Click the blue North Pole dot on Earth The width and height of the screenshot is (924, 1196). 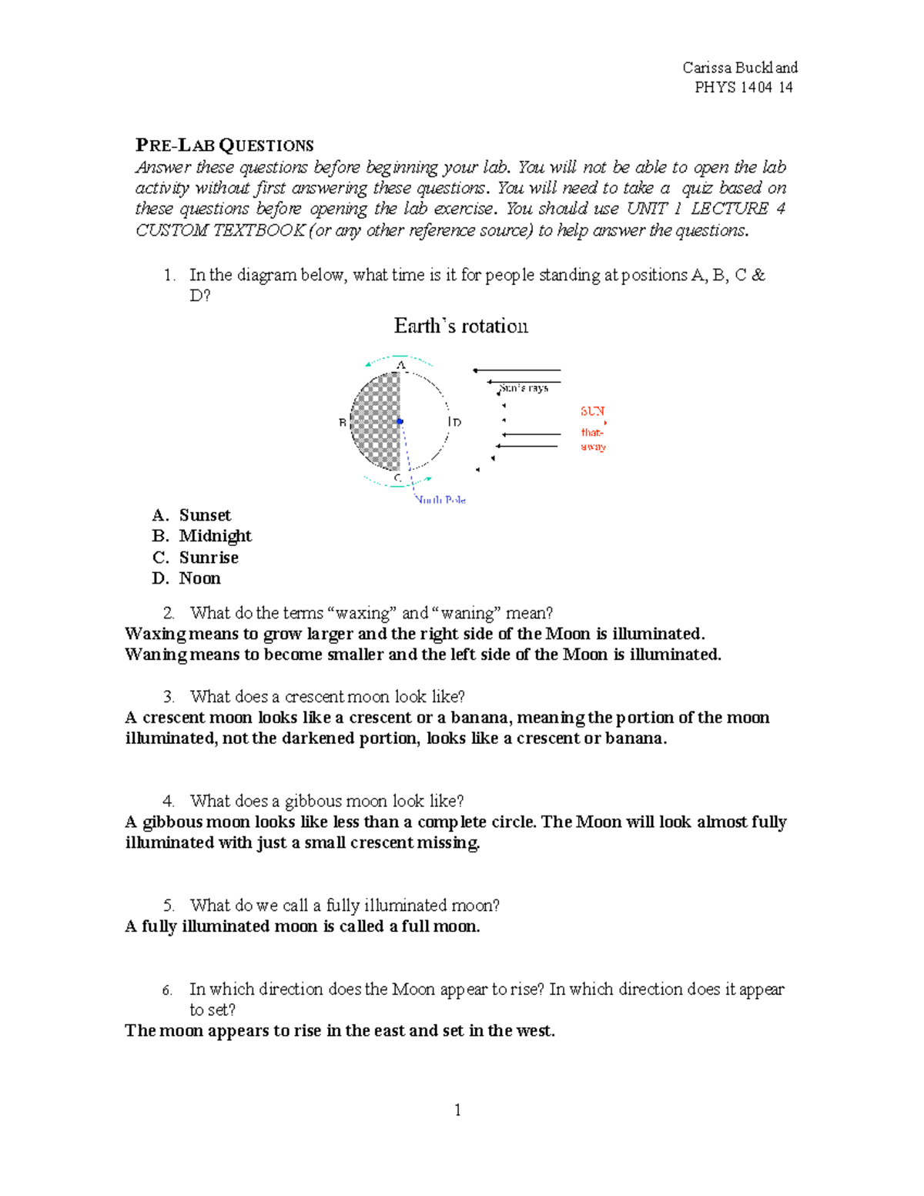pyautogui.click(x=400, y=421)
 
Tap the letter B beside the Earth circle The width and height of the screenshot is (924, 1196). pyautogui.click(x=343, y=423)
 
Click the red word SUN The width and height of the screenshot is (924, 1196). pyautogui.click(x=592, y=411)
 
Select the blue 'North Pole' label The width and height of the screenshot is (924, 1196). pyautogui.click(x=440, y=500)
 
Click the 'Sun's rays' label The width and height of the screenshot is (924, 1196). pyautogui.click(x=524, y=388)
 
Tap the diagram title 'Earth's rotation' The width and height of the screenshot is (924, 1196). pyautogui.click(x=460, y=326)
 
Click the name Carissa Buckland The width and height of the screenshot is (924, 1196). pyautogui.click(x=739, y=68)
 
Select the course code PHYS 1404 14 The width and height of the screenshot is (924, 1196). pyautogui.click(x=743, y=88)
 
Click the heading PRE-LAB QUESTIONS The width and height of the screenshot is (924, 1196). pyautogui.click(x=224, y=146)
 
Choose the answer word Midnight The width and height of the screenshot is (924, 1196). pyautogui.click(x=215, y=536)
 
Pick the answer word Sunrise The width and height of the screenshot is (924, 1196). pyautogui.click(x=209, y=558)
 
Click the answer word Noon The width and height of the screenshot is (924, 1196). pyautogui.click(x=199, y=578)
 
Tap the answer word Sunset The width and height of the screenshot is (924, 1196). pyautogui.click(x=205, y=515)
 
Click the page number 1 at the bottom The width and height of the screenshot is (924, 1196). pyautogui.click(x=458, y=1110)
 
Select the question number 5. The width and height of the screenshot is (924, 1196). pyautogui.click(x=168, y=906)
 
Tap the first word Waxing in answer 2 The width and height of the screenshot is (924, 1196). pyautogui.click(x=155, y=634)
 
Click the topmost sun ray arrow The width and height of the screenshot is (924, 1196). pyautogui.click(x=516, y=370)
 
